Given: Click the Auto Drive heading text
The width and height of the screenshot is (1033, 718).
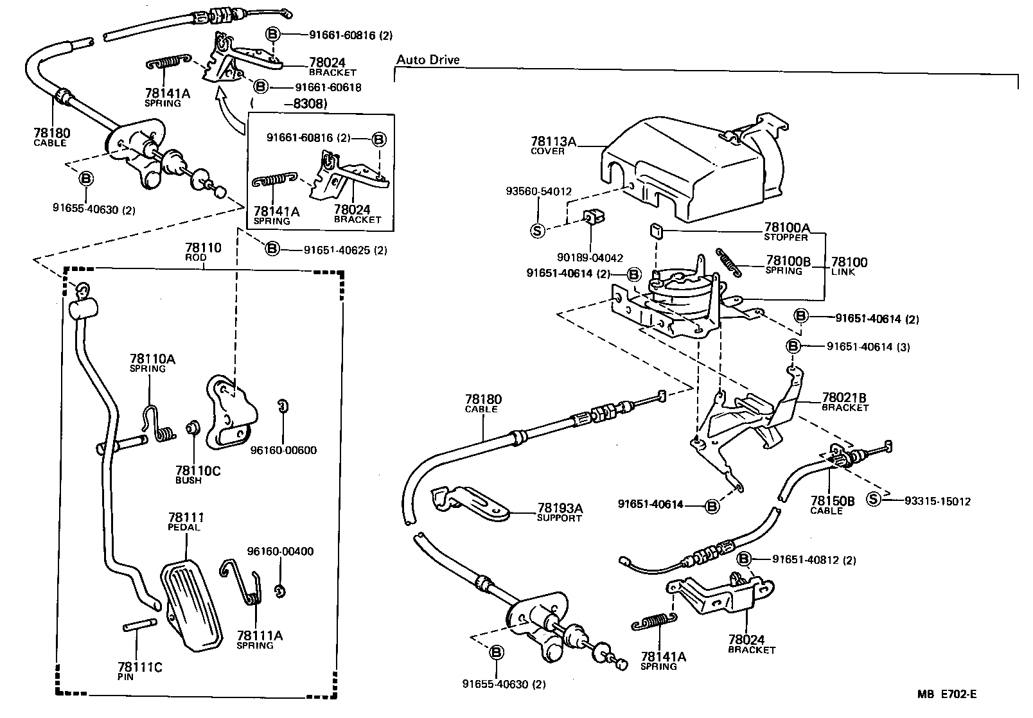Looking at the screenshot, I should pos(428,60).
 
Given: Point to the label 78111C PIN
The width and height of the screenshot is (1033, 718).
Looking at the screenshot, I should pos(139,671).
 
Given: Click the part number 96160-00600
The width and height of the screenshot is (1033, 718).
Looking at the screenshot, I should pos(283,450).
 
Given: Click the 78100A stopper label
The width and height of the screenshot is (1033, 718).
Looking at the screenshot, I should pos(786,231).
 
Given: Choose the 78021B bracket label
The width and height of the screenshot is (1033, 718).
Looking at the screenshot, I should pos(844,401).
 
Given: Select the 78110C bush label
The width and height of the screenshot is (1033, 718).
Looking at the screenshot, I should pos(197,475).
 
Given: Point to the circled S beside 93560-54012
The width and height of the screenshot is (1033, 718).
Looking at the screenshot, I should pos(538,231).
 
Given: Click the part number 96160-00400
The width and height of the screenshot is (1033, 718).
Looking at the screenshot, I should pos(280,551).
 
